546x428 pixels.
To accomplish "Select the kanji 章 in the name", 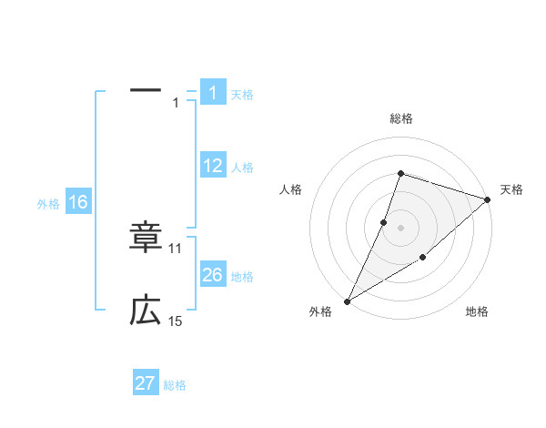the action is pos(146,236).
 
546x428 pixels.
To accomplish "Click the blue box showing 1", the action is pos(213,93).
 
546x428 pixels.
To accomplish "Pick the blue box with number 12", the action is pos(213,166).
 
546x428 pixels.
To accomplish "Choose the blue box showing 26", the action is pos(213,275).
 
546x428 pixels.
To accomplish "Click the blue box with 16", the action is pos(77,202).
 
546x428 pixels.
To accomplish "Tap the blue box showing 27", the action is pos(146,383).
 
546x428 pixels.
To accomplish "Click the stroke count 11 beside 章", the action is pos(176,248).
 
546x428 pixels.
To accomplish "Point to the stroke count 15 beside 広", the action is pos(176,321).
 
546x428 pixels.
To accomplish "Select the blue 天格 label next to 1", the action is pos(242,95).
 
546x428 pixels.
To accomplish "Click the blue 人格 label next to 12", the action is pos(242,168).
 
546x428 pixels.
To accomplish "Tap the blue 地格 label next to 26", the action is pos(242,277).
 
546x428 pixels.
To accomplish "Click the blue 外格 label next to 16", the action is pos(48,204).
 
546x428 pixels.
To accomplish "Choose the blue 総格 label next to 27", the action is pos(175,385).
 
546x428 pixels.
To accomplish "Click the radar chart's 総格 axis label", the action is pos(401,118).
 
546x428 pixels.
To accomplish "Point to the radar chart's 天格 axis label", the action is pos(511,189).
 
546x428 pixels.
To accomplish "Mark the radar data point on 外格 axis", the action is pos(347,301).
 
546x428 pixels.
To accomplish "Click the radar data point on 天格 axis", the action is pos(488,199).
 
